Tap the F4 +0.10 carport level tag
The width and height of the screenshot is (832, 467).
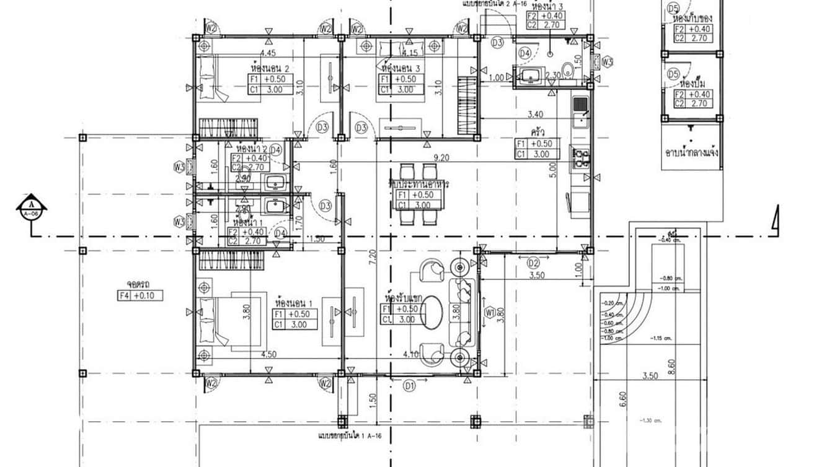click(140, 295)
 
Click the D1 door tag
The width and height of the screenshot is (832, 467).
click(409, 386)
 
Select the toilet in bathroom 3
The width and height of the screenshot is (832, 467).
click(565, 71)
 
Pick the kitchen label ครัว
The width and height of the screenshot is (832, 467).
click(538, 133)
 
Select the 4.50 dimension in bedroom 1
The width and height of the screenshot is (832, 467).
click(268, 355)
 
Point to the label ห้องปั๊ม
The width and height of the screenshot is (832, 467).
click(693, 82)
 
